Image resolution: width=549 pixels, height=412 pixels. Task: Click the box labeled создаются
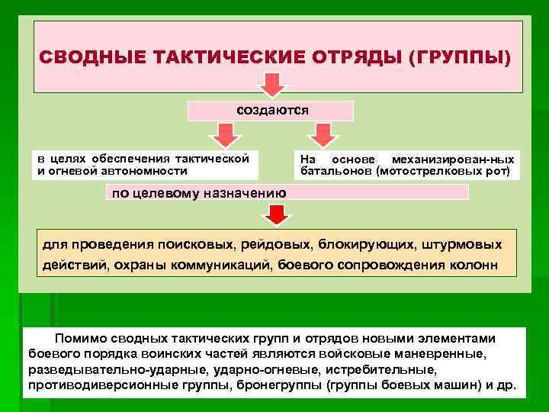[272, 110]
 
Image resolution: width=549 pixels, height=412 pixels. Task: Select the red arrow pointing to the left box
[222, 135]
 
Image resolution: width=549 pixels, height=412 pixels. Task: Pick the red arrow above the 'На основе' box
[323, 135]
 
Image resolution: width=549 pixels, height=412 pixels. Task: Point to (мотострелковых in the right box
[435, 172]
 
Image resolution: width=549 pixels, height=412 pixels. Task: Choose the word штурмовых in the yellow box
[465, 244]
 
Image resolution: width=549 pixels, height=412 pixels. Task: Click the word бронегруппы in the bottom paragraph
[282, 385]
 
